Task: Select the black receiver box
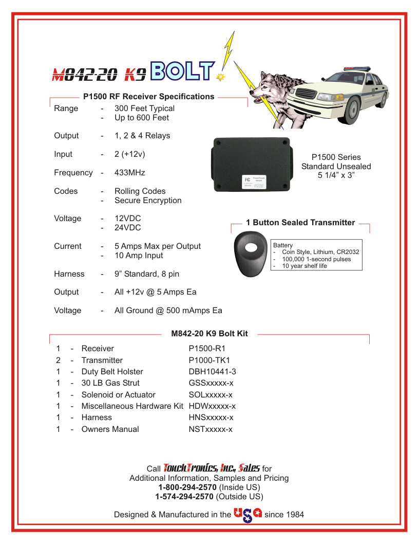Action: (252, 164)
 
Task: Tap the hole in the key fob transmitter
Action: (251, 248)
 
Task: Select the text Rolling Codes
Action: (140, 191)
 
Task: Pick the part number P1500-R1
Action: (207, 349)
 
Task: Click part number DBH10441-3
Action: (212, 372)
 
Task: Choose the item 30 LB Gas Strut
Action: (110, 383)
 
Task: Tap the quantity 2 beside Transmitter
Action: (59, 360)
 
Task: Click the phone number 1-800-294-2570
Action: (187, 487)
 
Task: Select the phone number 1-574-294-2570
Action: (184, 497)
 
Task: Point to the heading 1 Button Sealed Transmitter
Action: (300, 223)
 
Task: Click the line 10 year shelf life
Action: (304, 266)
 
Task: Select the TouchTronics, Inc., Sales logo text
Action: (212, 468)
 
